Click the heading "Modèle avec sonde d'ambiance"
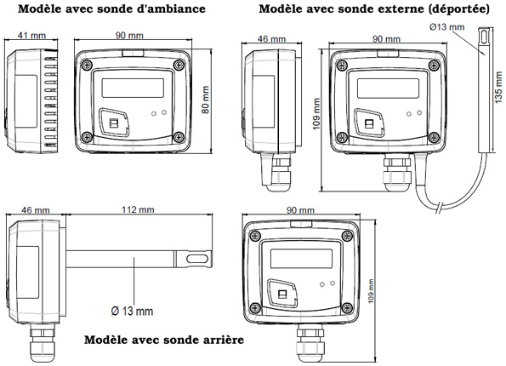click(x=111, y=9)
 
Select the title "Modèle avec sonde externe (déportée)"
click(x=374, y=9)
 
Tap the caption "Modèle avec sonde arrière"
click(x=164, y=340)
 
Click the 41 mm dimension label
click(x=31, y=35)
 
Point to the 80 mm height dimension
click(x=206, y=100)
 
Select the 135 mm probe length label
click(x=498, y=88)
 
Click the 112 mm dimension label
click(x=138, y=209)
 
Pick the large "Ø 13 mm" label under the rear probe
click(x=132, y=311)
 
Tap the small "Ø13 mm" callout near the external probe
click(x=447, y=27)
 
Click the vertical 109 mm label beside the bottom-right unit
click(x=371, y=291)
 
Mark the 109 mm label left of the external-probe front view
click(x=317, y=114)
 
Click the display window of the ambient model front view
click(x=133, y=87)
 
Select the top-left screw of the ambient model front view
click(x=86, y=65)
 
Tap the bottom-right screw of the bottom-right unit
click(x=347, y=306)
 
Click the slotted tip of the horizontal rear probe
click(x=197, y=259)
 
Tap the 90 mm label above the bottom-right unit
click(x=300, y=210)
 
